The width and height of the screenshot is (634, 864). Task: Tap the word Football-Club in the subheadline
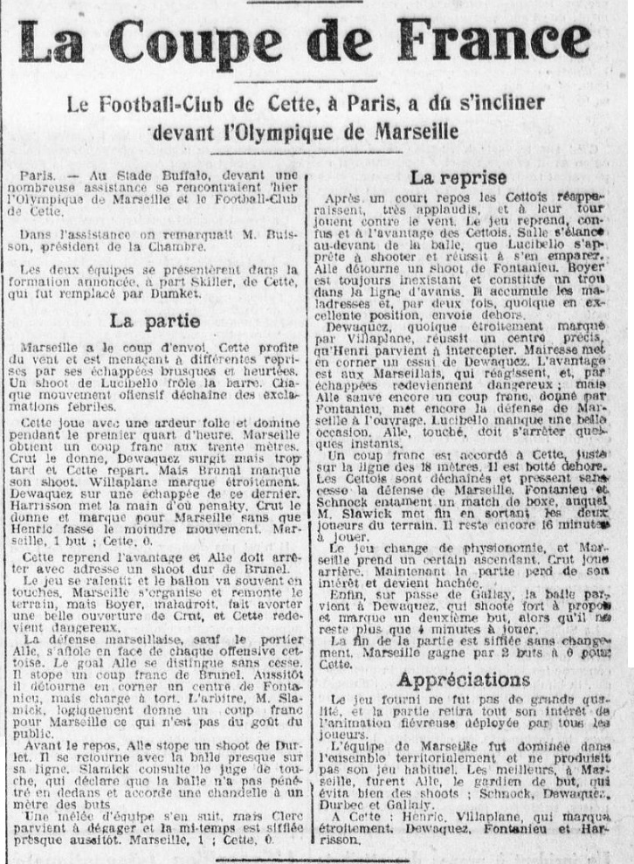point(181,104)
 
